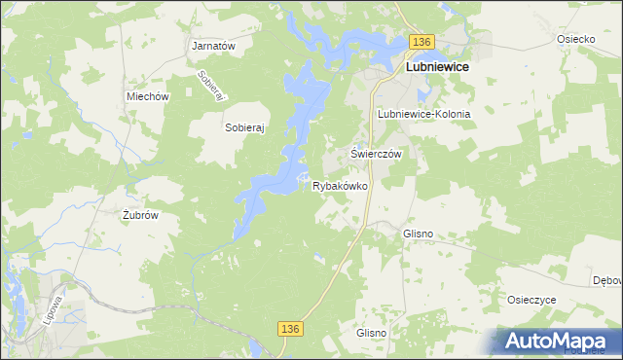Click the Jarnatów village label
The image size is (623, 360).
215,46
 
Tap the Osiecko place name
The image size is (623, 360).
575,39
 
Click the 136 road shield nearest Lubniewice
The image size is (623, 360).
421,42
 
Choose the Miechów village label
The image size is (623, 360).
149,96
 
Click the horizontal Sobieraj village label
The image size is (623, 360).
245,126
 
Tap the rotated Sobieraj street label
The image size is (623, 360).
211,87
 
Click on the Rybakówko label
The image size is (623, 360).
340,185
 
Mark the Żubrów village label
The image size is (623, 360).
140,215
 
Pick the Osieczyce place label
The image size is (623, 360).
531,300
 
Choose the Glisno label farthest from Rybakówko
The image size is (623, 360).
372,333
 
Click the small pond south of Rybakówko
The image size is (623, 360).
318,258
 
